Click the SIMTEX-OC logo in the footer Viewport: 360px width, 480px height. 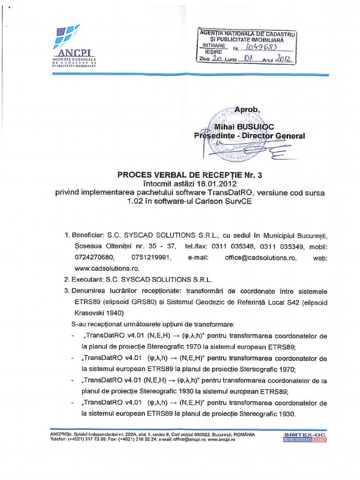305,437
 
